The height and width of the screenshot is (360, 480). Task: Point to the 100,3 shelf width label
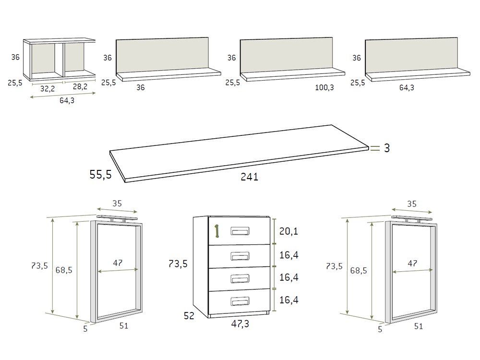click(x=325, y=87)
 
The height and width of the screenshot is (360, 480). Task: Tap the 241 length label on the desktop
click(x=250, y=177)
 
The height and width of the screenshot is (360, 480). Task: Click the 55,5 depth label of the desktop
click(x=100, y=175)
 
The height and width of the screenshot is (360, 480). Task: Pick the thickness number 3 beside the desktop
click(x=386, y=149)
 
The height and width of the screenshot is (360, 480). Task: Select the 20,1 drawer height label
click(x=288, y=232)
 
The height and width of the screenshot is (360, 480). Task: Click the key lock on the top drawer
click(x=216, y=231)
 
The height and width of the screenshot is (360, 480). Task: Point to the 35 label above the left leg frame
click(x=117, y=204)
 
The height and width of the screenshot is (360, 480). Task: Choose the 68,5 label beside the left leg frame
click(x=63, y=270)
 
